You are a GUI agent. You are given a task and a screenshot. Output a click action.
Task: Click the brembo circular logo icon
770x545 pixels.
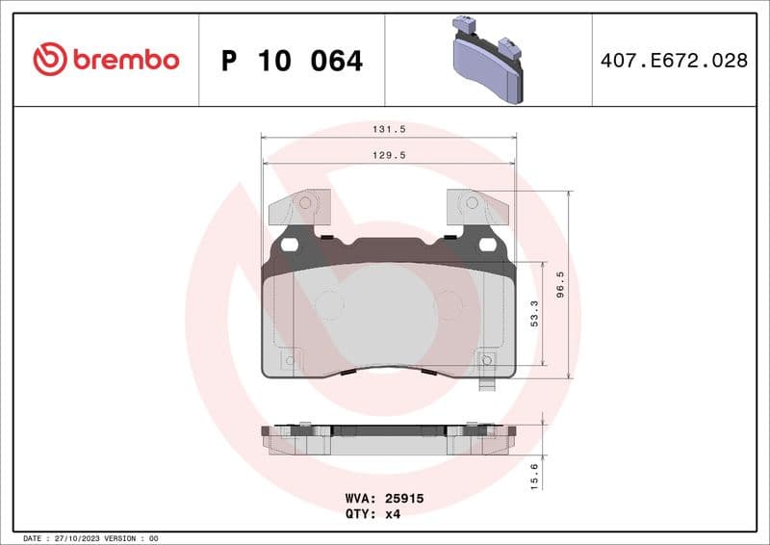tap(50, 60)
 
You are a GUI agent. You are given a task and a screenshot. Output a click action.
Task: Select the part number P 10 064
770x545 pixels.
tap(292, 61)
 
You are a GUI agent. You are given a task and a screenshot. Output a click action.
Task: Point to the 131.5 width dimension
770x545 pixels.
tap(388, 127)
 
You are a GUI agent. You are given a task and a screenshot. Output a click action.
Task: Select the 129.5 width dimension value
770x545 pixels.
tap(388, 153)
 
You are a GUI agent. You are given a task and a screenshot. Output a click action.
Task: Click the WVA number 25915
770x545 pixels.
tap(405, 500)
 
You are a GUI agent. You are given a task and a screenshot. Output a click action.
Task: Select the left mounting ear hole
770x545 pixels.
tap(307, 203)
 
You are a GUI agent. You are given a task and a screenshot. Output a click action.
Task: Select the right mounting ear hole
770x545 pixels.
tap(471, 203)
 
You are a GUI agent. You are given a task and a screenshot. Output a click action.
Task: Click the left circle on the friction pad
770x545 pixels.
tap(329, 305)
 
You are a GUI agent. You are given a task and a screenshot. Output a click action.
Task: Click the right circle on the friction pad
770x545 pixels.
tap(449, 305)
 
